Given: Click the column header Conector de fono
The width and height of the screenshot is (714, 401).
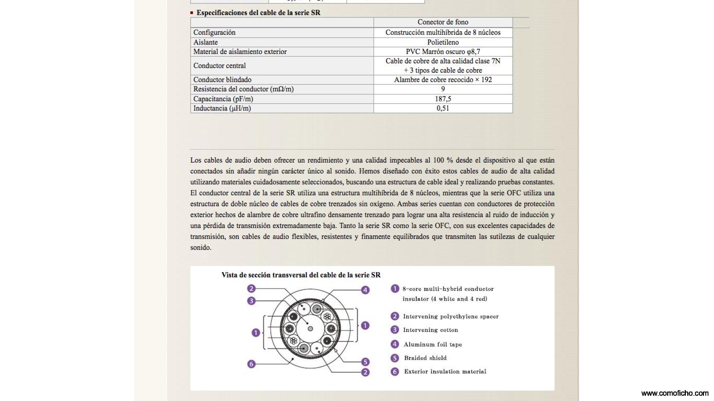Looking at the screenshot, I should pos(443,22).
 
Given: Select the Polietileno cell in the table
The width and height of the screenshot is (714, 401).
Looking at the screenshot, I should pos(443,42).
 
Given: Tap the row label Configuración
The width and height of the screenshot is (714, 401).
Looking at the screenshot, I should pos(214,33).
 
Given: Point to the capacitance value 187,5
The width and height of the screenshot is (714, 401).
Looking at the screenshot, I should pos(443,99).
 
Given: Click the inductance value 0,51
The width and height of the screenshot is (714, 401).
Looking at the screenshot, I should pos(443,108).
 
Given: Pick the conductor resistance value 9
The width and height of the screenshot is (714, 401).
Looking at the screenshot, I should pos(443,89).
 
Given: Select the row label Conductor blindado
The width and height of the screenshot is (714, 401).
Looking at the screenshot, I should pos(222,80).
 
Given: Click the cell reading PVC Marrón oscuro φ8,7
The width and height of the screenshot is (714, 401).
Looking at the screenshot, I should pos(443,52).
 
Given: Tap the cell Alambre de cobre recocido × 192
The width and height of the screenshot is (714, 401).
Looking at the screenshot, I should pos(443,80).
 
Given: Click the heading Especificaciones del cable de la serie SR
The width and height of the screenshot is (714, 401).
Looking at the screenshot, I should pos(258,13).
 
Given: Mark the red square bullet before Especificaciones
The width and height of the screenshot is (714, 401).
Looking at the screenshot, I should pos(192,13).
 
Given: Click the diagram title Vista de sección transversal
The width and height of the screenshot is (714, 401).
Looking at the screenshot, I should pos(301,275).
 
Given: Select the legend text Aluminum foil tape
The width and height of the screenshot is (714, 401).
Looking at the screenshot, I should pos(433,344).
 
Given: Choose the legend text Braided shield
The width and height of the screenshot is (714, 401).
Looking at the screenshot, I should pos(425,358).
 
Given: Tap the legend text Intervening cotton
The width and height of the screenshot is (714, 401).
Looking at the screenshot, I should pos(430,330).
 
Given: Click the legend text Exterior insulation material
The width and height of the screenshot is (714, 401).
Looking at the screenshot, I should pos(445,371).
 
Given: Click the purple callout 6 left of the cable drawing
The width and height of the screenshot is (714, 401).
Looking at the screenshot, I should pos(251,364).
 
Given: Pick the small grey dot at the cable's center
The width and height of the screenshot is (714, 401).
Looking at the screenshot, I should pos(310,329).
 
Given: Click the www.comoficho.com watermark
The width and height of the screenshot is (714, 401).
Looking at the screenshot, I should pos(675,393).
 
